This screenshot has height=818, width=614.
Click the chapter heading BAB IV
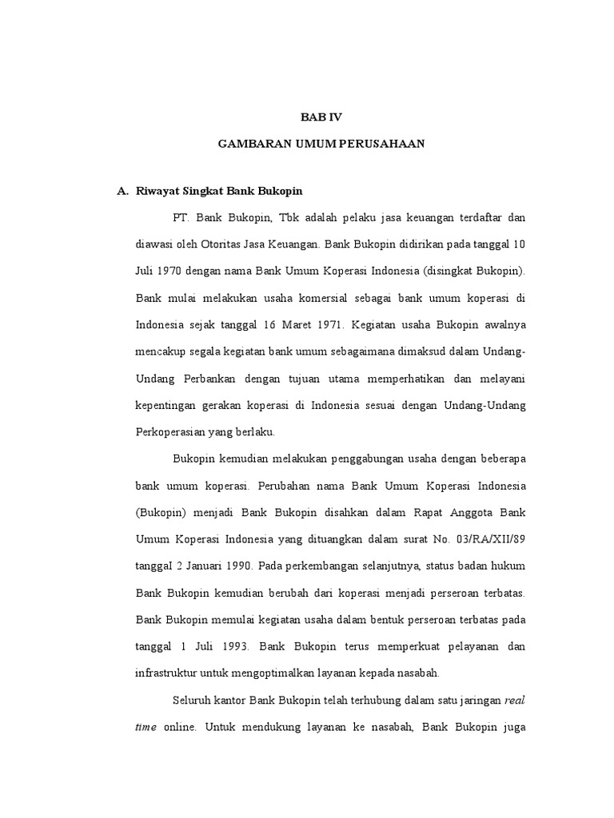click(321, 117)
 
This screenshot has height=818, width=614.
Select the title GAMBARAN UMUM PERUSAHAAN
click(321, 144)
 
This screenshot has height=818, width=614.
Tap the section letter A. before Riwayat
click(123, 192)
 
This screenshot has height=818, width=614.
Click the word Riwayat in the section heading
click(157, 192)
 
